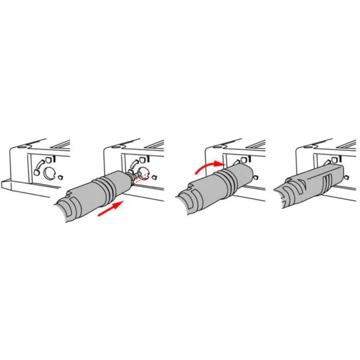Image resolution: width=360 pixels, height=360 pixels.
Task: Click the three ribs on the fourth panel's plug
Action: tap(328, 182)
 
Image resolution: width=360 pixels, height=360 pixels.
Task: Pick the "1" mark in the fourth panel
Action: tap(340, 158)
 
